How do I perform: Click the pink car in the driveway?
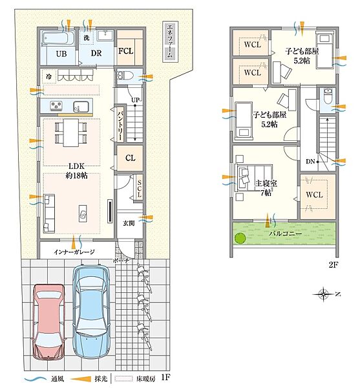coord(48,321)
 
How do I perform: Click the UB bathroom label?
coord(61,54)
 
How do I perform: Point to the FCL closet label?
coord(126,51)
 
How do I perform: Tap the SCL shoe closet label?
coord(139,189)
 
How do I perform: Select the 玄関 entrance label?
coord(129,223)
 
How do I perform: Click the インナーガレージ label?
coord(74,252)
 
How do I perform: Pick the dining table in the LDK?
coord(70,133)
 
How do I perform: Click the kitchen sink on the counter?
coord(81,107)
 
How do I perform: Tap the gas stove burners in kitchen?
coord(56,105)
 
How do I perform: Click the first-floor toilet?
coord(125,76)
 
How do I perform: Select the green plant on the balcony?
coord(240,239)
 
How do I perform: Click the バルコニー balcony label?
coord(285,233)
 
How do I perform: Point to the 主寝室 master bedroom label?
coord(266,184)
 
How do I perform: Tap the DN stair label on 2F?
coord(310,162)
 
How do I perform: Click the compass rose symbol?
coord(323,294)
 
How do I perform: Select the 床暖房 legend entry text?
coord(146,379)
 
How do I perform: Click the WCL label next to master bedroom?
coord(314,195)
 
